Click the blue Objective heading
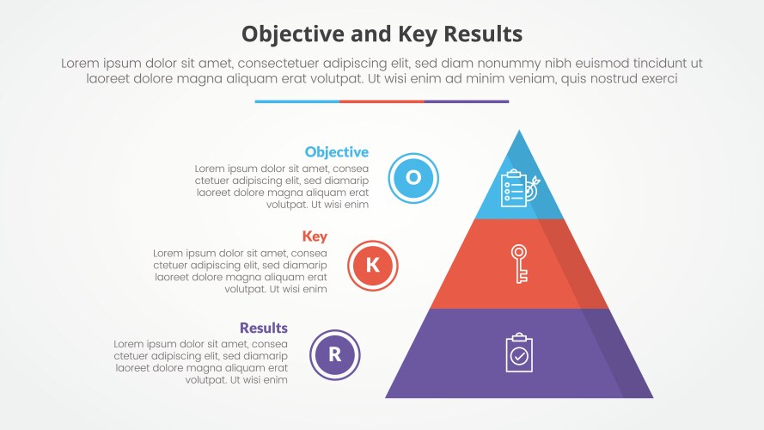[336, 152]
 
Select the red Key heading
[315, 236]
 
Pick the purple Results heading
[263, 328]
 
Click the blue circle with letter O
[413, 178]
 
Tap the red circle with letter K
[372, 265]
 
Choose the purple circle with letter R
[335, 354]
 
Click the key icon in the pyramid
[519, 263]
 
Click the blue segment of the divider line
[296, 101]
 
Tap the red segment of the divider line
[382, 101]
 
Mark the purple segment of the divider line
[466, 101]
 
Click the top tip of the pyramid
[519, 132]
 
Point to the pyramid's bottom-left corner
[387, 397]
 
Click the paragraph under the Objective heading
[282, 187]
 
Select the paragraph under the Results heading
[200, 361]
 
